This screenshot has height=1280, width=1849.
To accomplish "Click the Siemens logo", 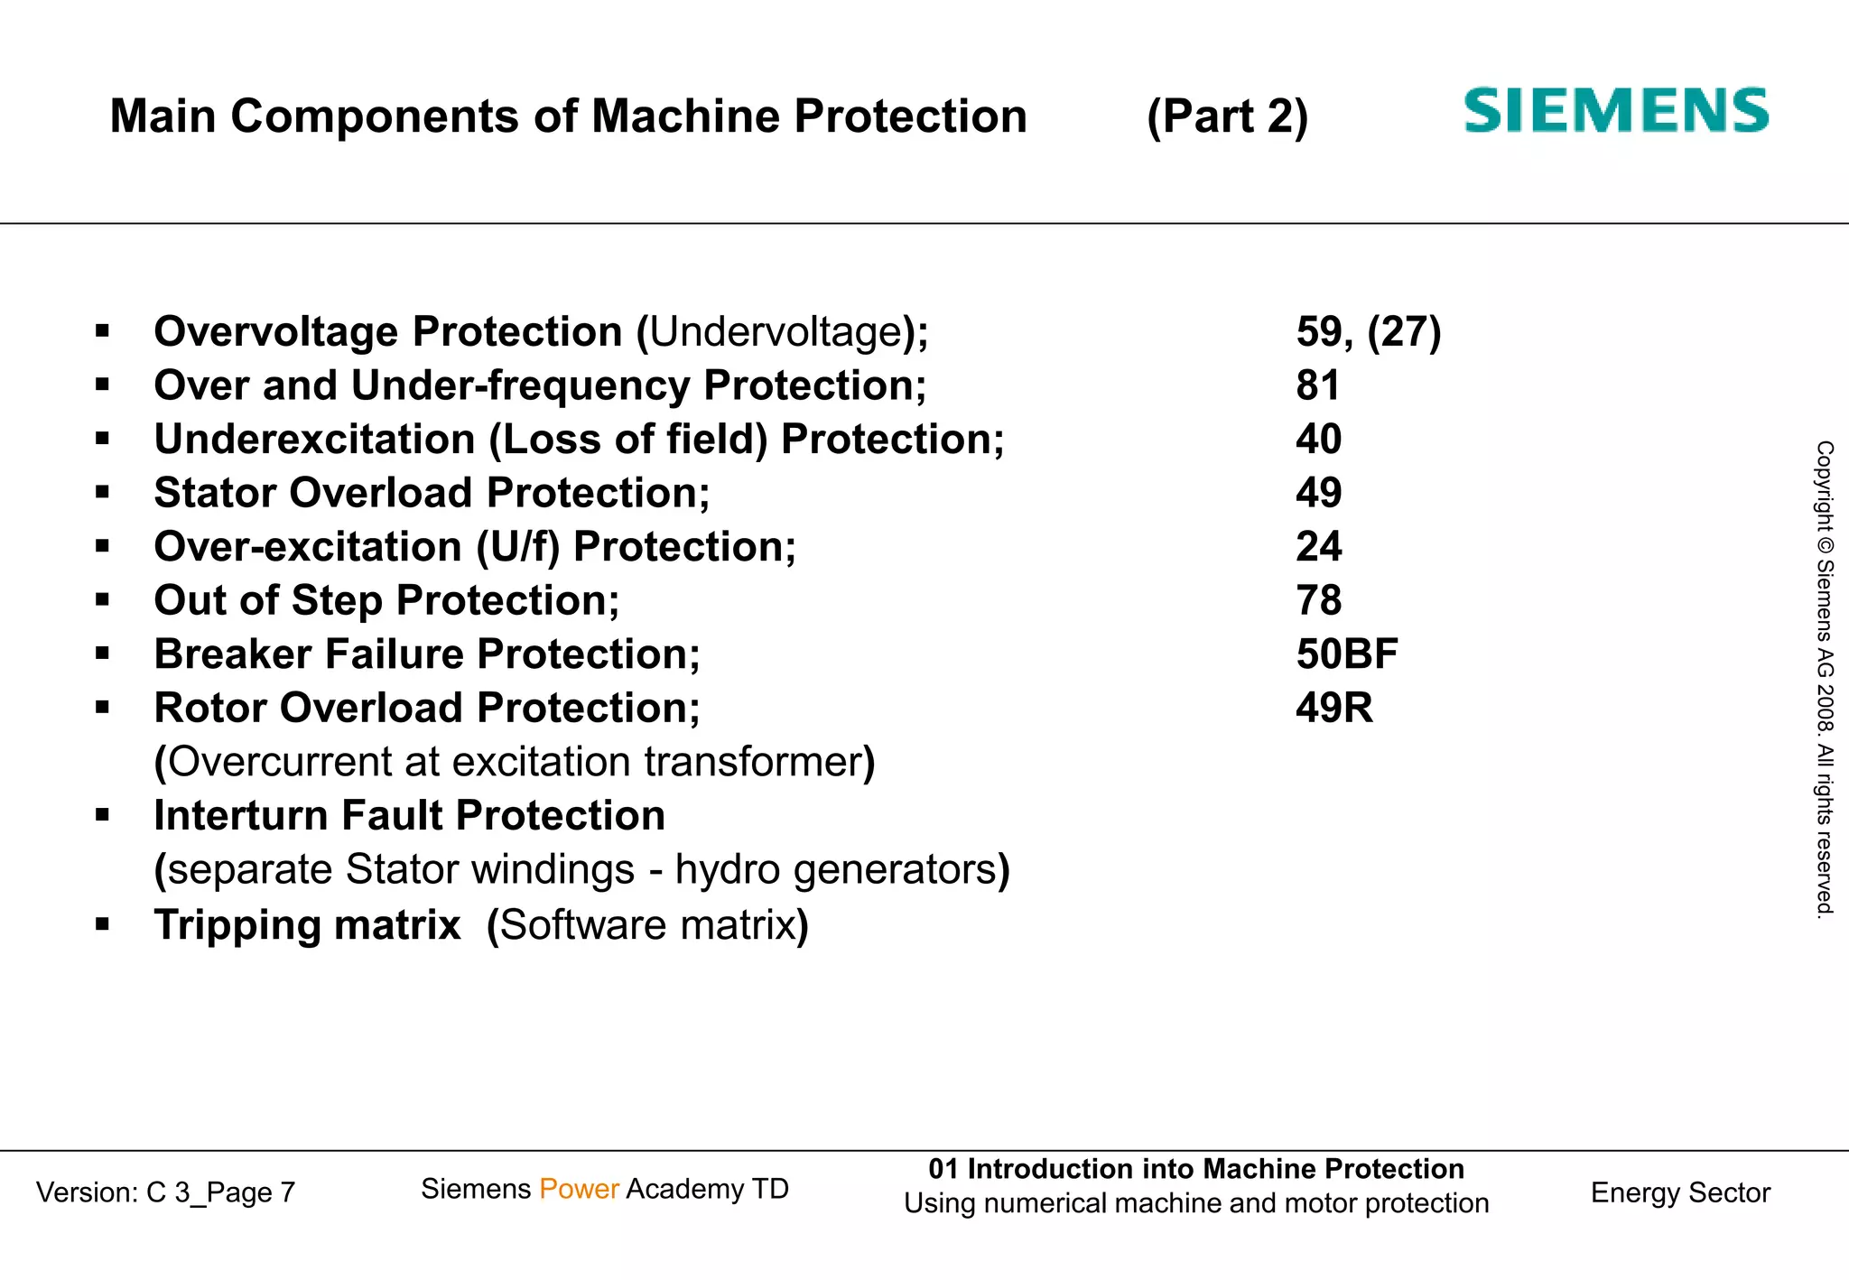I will (x=1615, y=111).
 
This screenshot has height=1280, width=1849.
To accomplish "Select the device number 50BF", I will (x=1347, y=654).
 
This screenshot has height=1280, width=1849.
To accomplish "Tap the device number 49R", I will (x=1334, y=709).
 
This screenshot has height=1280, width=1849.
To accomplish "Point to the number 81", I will (x=1318, y=386).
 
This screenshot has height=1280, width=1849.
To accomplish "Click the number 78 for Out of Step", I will (x=1319, y=601).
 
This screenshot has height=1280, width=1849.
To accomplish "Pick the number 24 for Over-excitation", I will (x=1319, y=547).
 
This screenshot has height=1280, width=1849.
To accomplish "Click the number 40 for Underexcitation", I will (x=1319, y=440).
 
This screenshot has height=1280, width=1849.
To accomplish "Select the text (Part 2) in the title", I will (x=1227, y=117).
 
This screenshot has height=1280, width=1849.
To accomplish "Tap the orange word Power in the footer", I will (x=579, y=1190).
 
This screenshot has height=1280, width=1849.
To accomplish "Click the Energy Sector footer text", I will (x=1680, y=1193).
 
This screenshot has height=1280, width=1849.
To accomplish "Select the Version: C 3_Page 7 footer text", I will (x=166, y=1193).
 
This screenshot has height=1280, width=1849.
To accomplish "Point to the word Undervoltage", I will (x=776, y=332).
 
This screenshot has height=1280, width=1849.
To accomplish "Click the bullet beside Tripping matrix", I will (x=103, y=924).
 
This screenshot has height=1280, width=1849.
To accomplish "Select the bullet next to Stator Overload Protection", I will (x=103, y=493).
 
